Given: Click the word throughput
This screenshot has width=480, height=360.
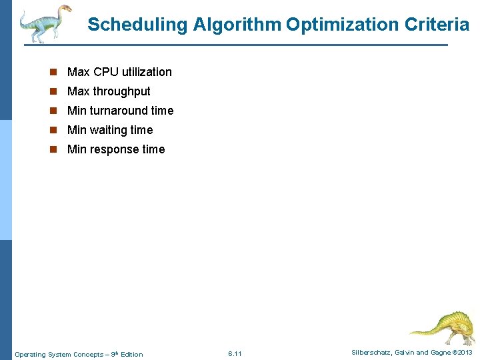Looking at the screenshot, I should (x=121, y=91).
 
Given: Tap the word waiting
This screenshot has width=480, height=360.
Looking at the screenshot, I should (x=109, y=130).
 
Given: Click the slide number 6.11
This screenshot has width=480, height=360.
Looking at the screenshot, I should (x=235, y=353).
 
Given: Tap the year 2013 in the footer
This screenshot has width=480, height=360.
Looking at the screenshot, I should (x=464, y=352).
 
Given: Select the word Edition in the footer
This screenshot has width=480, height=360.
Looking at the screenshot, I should (x=131, y=354).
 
